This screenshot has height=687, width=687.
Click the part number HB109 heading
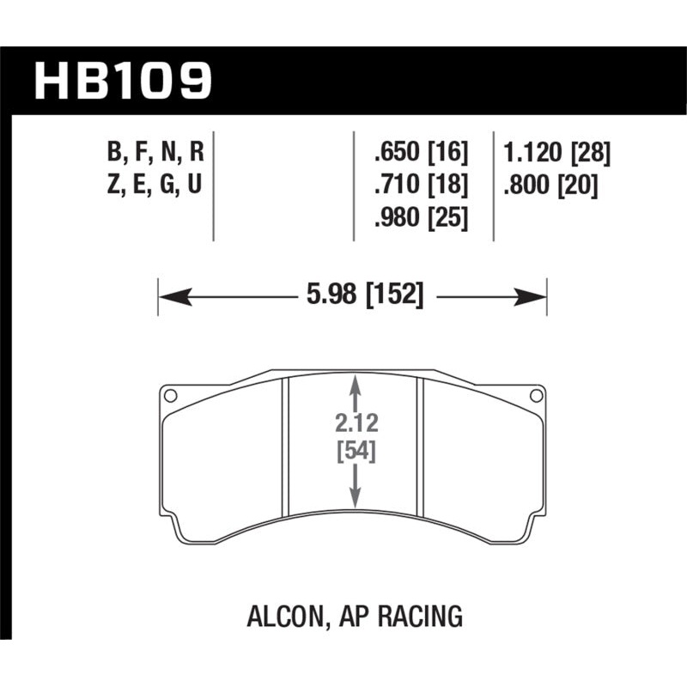122,80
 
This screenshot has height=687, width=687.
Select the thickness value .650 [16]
421,154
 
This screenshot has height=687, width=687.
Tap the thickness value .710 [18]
421,186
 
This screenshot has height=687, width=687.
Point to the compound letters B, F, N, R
155,154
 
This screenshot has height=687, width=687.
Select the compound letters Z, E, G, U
155,186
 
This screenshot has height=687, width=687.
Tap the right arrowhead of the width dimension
537,297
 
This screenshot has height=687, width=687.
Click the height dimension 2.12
354,423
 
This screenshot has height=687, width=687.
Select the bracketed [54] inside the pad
354,451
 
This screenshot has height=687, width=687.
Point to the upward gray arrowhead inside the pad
354,385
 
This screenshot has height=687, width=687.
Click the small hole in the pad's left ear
170,396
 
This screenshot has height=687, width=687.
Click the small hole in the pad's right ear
537,396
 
